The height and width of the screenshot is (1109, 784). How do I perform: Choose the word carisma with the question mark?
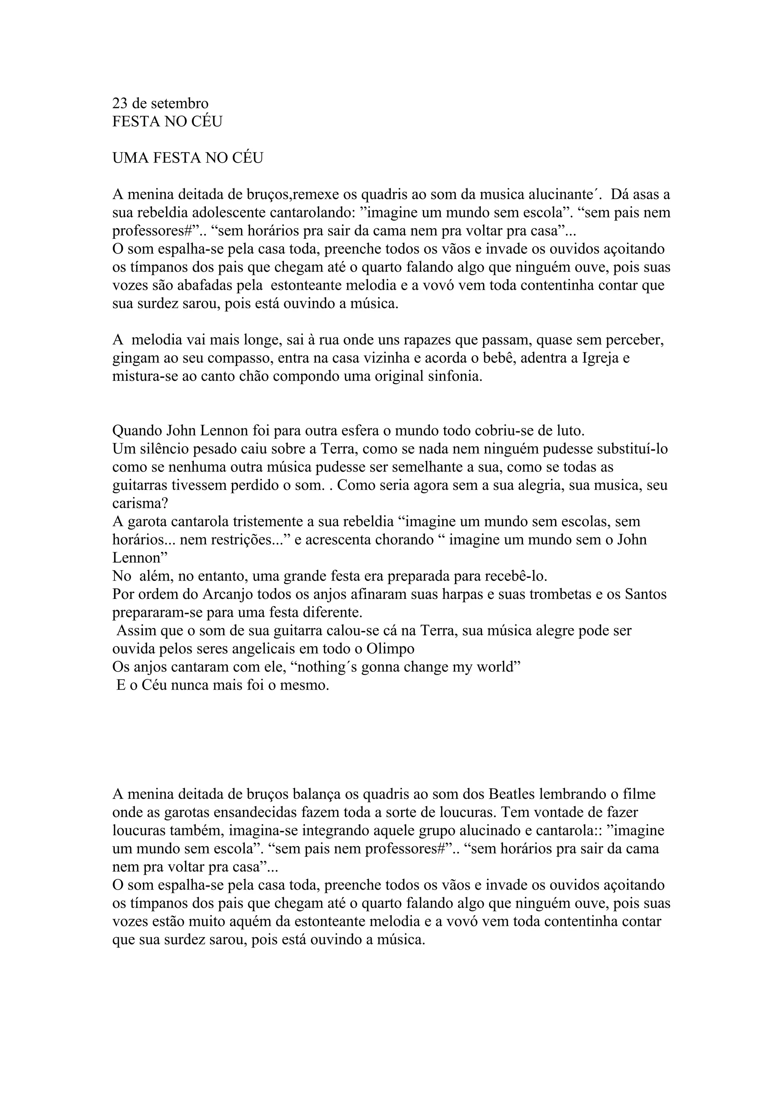[140, 503]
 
